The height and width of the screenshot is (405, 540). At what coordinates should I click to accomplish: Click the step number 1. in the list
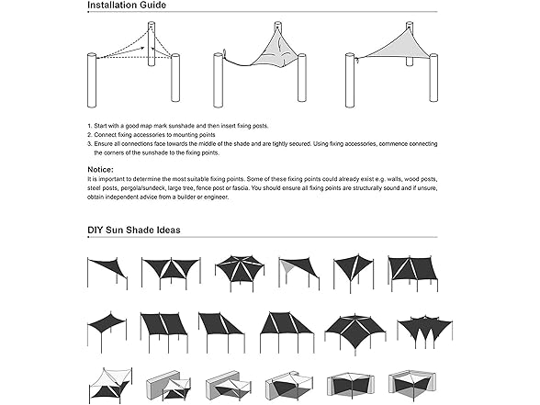[x=90, y=124]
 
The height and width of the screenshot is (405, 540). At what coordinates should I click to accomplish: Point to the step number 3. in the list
[x=90, y=142]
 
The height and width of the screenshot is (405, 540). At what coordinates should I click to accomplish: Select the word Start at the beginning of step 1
[x=104, y=124]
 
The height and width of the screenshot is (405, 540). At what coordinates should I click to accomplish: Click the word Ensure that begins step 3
[x=107, y=142]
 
